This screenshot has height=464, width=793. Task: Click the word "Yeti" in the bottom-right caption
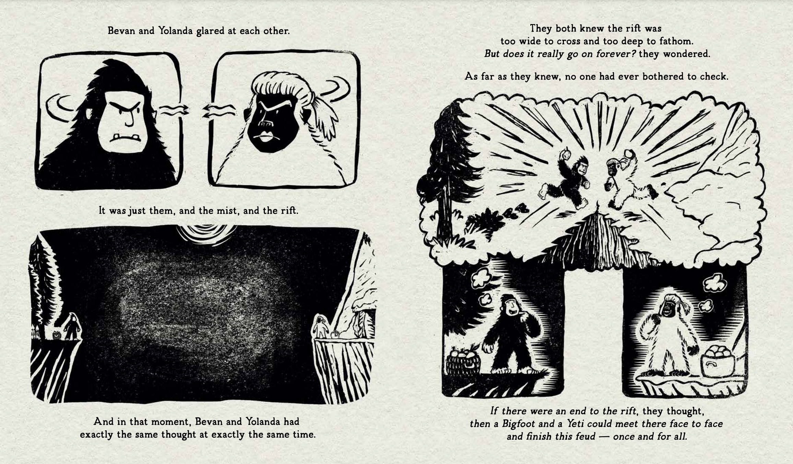576,424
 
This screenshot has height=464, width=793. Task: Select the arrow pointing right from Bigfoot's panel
174,110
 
